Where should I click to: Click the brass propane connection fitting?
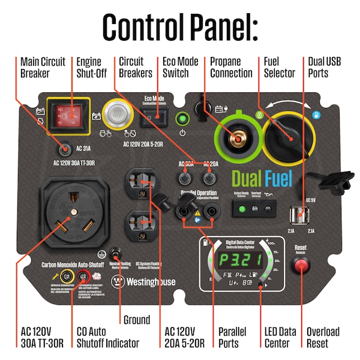(237, 137)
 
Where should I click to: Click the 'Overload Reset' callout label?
(323, 337)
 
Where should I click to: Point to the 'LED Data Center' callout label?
(280, 337)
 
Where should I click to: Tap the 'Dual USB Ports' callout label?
(323, 67)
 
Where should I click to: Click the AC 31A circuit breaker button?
(64, 148)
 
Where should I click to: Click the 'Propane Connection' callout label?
(231, 67)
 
